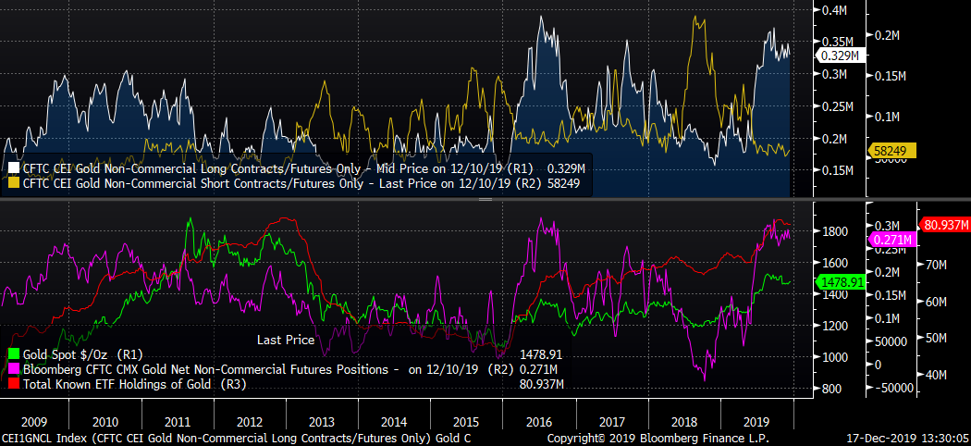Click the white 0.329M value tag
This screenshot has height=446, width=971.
pyautogui.click(x=840, y=56)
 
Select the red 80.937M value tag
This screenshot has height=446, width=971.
pyautogui.click(x=942, y=225)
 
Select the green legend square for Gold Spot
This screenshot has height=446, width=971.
pyautogui.click(x=13, y=353)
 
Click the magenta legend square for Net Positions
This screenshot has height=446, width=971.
pyautogui.click(x=13, y=368)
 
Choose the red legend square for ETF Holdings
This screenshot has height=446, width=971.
pyautogui.click(x=13, y=383)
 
